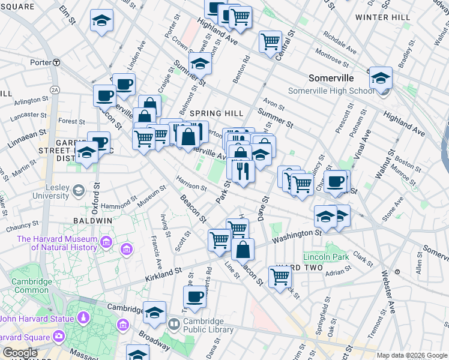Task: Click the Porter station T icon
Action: (x=56, y=62)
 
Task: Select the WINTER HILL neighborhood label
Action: (x=380, y=17)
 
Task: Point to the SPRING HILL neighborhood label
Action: (x=216, y=113)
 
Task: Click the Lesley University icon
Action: (x=79, y=191)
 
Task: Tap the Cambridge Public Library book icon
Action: (x=174, y=325)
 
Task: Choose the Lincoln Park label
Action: (x=326, y=257)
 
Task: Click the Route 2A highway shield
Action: (x=55, y=90)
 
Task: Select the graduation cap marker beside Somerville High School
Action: (x=381, y=78)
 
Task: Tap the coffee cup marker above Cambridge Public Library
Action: (x=195, y=296)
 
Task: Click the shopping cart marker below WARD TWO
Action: (x=280, y=277)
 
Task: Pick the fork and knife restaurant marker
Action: (x=243, y=170)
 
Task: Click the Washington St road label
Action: (x=297, y=235)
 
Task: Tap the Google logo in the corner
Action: (x=20, y=352)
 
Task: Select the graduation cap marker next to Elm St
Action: (x=102, y=21)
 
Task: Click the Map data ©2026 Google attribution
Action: (x=411, y=355)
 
